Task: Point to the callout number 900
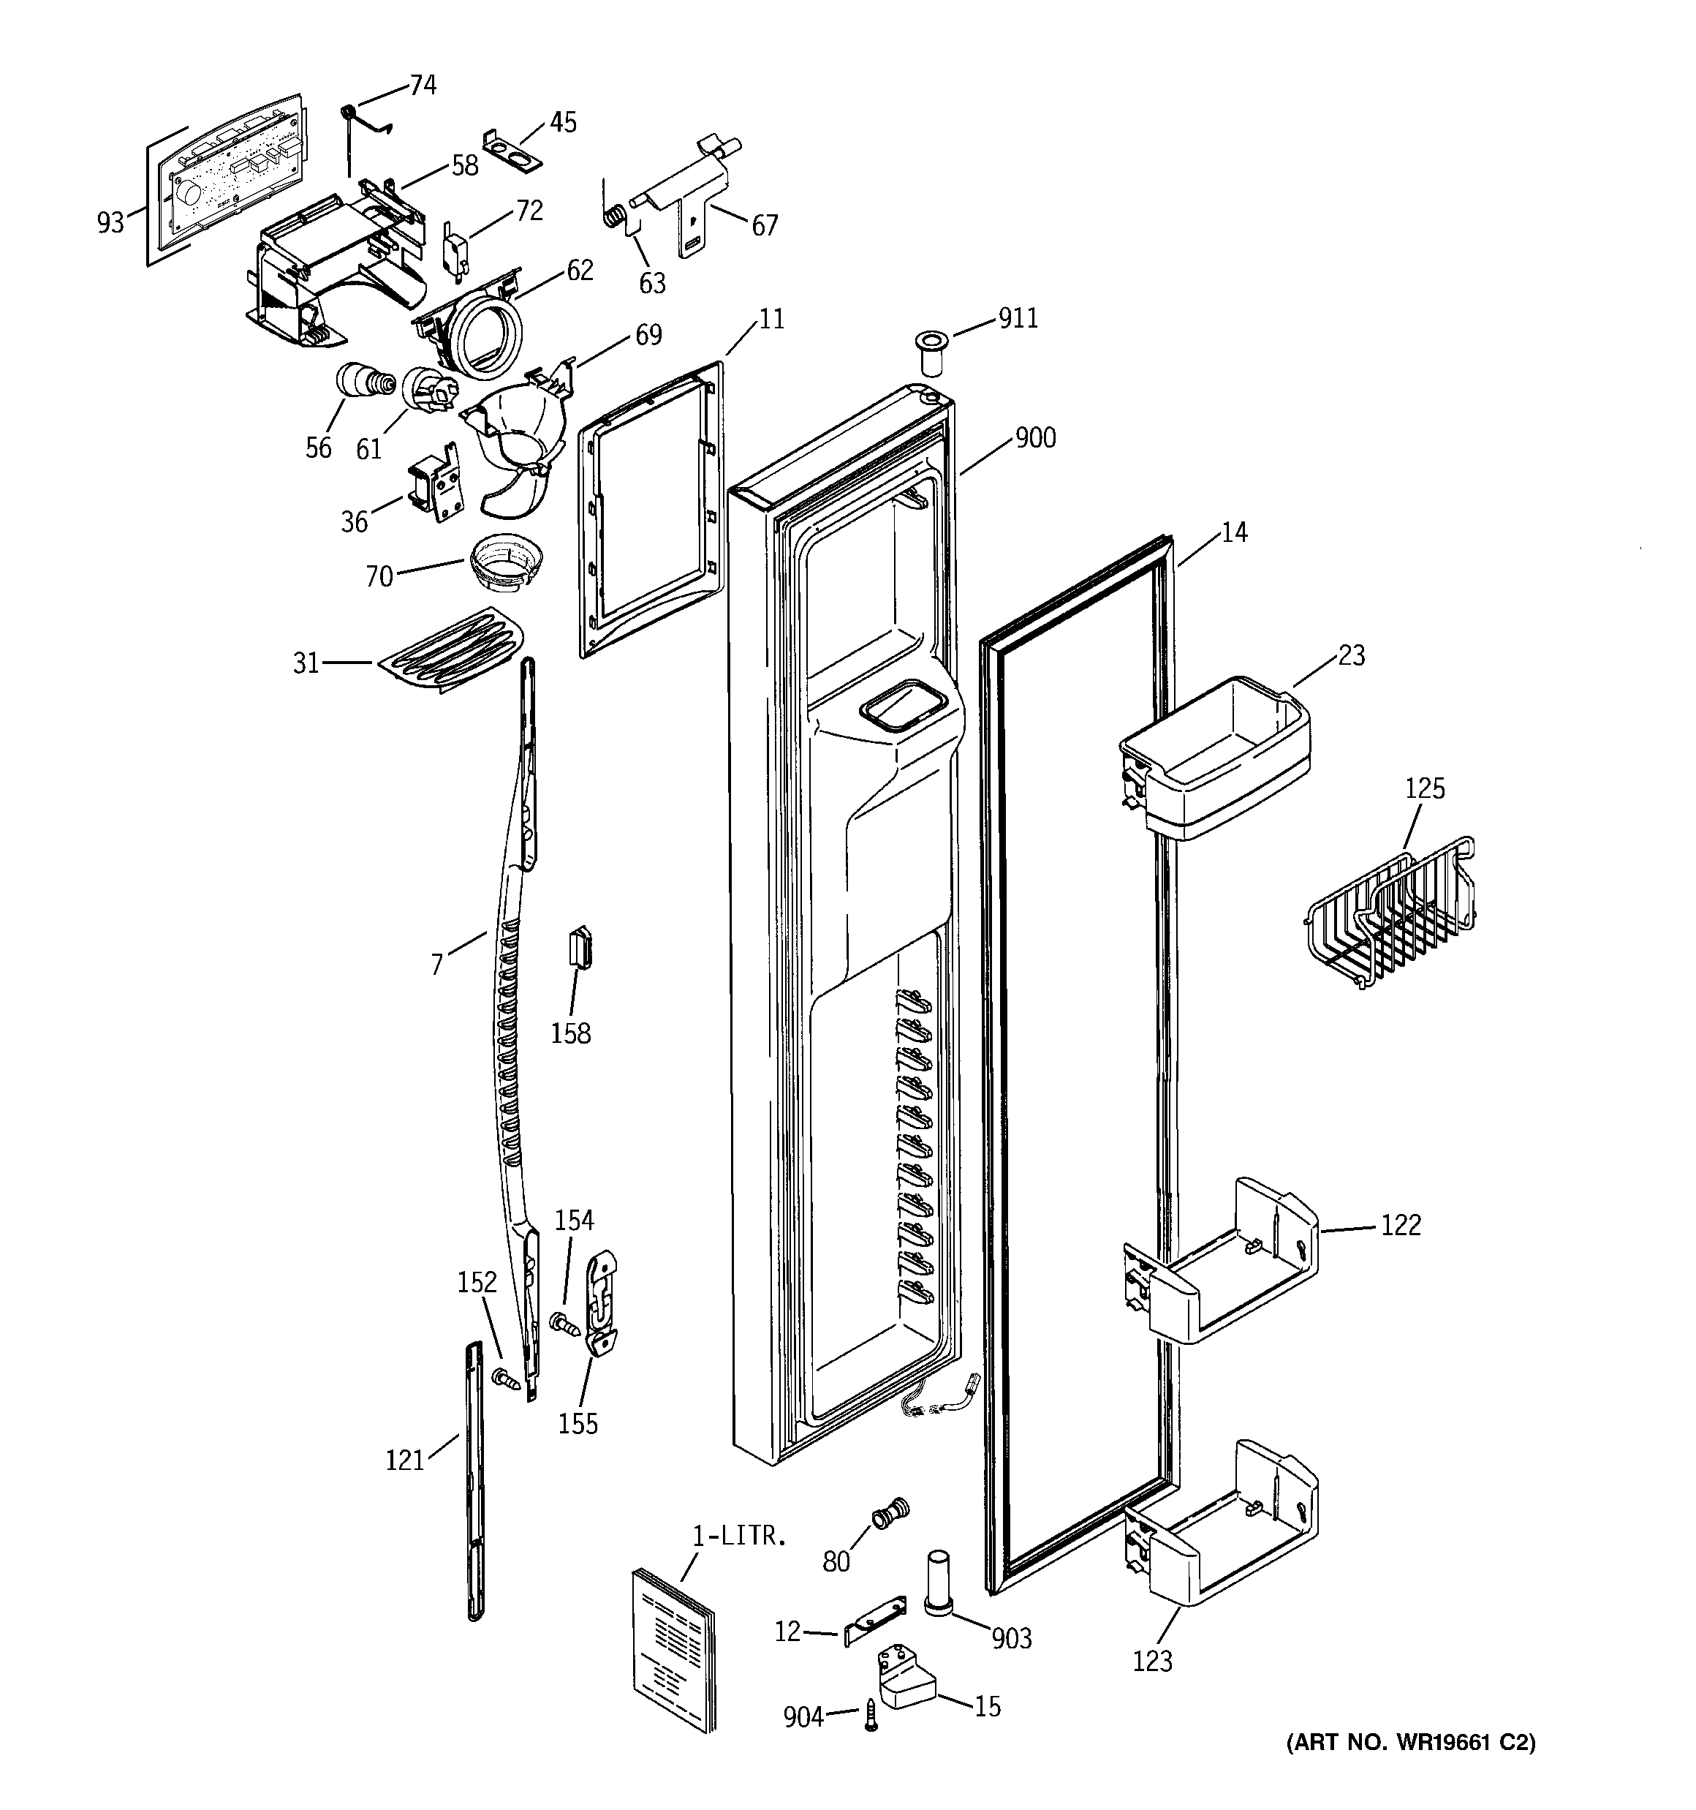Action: [x=1035, y=438]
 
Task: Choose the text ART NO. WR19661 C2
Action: [x=1410, y=1743]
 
